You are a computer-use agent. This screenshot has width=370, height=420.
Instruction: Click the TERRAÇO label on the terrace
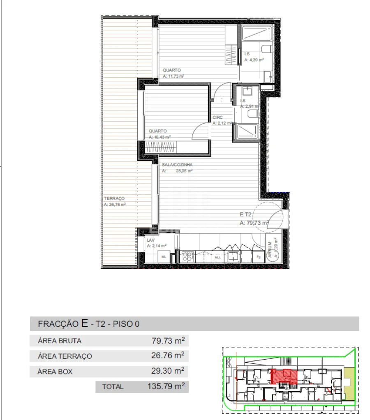114,198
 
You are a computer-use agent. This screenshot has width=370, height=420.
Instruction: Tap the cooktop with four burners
187,256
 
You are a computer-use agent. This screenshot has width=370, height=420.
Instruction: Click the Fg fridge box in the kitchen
259,257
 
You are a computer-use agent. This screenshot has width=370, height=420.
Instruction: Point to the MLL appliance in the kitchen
218,257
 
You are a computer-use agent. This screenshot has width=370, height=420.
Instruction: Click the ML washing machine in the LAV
164,256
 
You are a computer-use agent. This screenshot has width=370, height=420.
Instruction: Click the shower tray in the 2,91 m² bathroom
245,132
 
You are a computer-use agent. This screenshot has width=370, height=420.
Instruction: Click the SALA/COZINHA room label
177,165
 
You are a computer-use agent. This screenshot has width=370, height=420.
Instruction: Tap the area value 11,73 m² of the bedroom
173,76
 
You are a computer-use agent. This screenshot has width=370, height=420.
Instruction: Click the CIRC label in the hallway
217,117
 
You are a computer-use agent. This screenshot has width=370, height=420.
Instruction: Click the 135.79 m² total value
166,386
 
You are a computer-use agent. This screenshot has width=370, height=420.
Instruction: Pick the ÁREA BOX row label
55,372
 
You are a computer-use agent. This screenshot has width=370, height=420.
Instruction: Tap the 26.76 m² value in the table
168,355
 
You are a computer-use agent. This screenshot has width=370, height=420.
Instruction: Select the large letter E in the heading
84,323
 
